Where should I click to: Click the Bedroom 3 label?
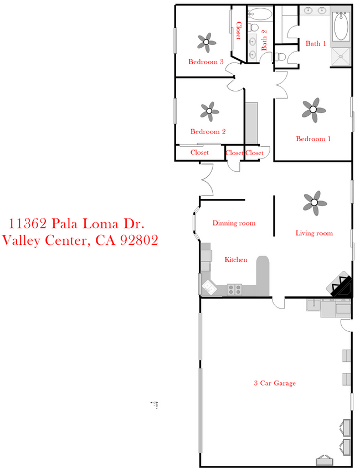tap(205, 62)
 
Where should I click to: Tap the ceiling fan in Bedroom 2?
tap(209, 110)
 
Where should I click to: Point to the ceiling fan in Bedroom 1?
tap(313, 109)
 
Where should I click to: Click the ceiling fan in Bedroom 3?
tap(207, 40)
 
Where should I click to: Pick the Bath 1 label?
tap(316, 43)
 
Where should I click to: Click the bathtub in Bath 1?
tap(341, 27)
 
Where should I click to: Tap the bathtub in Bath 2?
tap(260, 14)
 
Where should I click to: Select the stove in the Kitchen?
tap(234, 289)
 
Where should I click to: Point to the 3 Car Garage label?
tap(275, 383)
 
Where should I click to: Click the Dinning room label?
tap(234, 223)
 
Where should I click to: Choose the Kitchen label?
tap(236, 259)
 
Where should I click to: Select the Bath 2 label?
tap(264, 40)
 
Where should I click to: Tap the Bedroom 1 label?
tap(313, 139)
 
